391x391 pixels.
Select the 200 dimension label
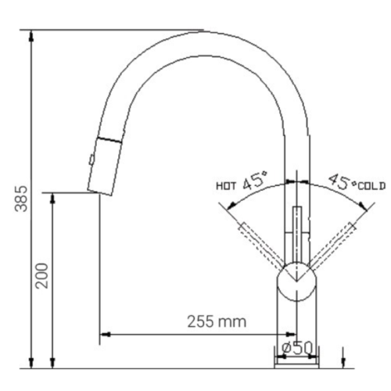click(43, 275)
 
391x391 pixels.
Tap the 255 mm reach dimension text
click(216, 321)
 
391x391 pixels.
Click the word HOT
click(226, 186)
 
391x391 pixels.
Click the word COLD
click(372, 185)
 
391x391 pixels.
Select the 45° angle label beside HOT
click(255, 184)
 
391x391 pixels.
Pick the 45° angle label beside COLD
click(341, 182)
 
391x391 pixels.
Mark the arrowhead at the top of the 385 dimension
click(31, 36)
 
